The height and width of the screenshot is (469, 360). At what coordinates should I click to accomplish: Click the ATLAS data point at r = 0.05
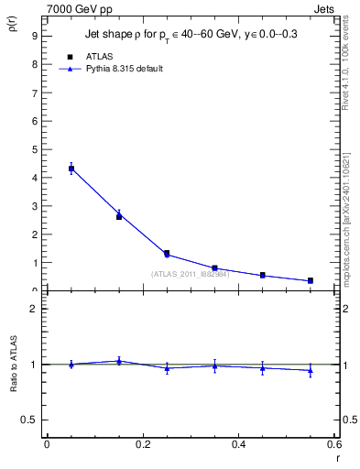(x=71, y=169)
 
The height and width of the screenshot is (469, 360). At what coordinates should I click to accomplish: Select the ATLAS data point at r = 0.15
(x=119, y=216)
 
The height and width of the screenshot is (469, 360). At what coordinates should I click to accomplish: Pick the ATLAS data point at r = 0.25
(x=167, y=253)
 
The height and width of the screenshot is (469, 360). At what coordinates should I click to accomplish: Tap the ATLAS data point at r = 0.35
(x=214, y=267)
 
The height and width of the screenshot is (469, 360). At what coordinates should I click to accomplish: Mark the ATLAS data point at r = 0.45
(x=263, y=275)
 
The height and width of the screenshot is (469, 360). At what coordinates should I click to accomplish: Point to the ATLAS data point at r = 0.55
(x=311, y=280)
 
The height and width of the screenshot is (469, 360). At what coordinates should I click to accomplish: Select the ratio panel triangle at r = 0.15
(x=119, y=361)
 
